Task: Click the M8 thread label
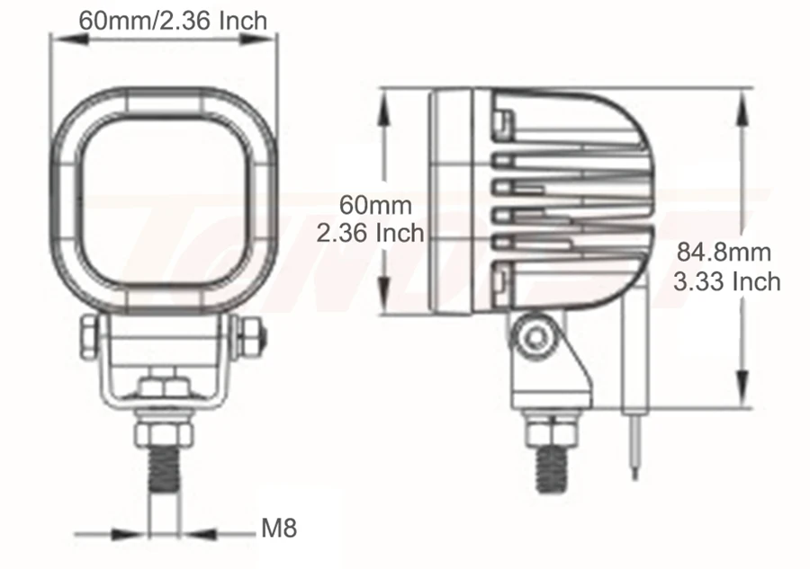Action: tap(279, 529)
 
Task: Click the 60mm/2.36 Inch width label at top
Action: tap(173, 21)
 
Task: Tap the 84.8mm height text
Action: tap(724, 253)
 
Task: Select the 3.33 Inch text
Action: tap(727, 281)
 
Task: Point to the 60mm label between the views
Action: tap(375, 205)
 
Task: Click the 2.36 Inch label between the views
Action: tap(370, 233)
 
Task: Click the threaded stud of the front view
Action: tap(165, 468)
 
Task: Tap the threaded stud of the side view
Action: tap(553, 468)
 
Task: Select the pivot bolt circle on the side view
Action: tap(535, 339)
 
